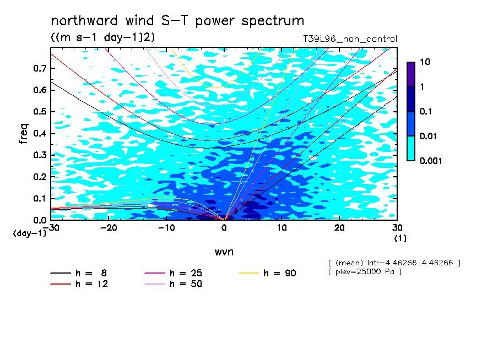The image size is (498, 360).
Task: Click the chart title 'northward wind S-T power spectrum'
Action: pos(177,21)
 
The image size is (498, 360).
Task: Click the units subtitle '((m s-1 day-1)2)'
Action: pos(103,37)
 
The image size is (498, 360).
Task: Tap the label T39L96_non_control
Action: pos(350,39)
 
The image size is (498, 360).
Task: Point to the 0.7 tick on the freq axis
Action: pos(40,68)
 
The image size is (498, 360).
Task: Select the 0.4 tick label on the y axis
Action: pos(40,133)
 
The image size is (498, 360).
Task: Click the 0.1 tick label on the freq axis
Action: pos(40,198)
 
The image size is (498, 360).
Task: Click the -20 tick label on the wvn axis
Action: pos(109,228)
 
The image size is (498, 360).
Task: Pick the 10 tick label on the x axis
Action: pos(282,228)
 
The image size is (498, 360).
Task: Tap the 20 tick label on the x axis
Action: pos(339,228)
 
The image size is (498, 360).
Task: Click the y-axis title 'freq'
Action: pos(24,134)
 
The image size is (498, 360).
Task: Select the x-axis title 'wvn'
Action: pos(224,252)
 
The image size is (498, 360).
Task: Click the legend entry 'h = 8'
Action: pos(78,273)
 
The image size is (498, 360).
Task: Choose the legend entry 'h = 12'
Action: pos(79,284)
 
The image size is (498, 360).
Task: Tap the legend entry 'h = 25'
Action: pos(173,273)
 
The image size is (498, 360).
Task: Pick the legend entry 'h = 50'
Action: pos(173,284)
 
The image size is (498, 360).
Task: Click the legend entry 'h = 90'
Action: pos(267,273)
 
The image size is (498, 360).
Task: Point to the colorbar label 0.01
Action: pos(429,136)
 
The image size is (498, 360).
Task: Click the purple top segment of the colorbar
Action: pos(411,74)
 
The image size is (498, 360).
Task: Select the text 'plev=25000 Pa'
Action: pos(365,272)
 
